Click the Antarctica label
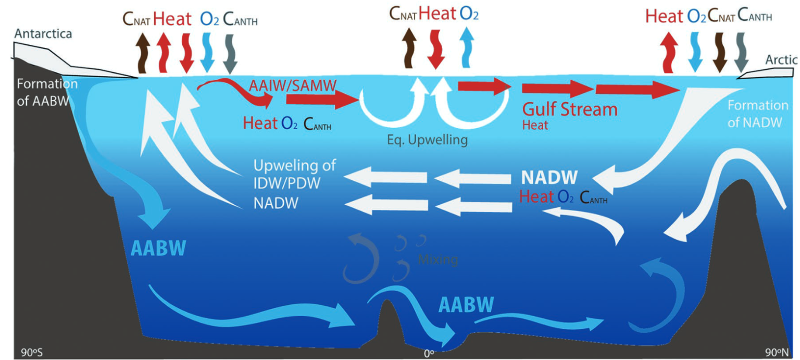tap(43, 33)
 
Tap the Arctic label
tap(781, 59)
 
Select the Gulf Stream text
tap(570, 109)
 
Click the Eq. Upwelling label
tap(427, 140)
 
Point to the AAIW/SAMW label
tap(293, 85)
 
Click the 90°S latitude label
tap(31, 353)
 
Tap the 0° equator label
tap(429, 354)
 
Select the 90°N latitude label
tap(776, 353)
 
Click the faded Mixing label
tap(438, 259)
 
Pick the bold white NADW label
tap(549, 177)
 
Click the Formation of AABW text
tap(47, 93)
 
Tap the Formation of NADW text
tap(758, 114)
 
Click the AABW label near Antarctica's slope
tap(158, 248)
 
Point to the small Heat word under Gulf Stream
tap(535, 126)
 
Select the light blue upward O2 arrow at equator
tap(467, 47)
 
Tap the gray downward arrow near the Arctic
tap(741, 53)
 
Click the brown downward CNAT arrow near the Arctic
tap(719, 53)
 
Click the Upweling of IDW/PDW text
tap(294, 175)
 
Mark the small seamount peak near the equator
tap(387, 301)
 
